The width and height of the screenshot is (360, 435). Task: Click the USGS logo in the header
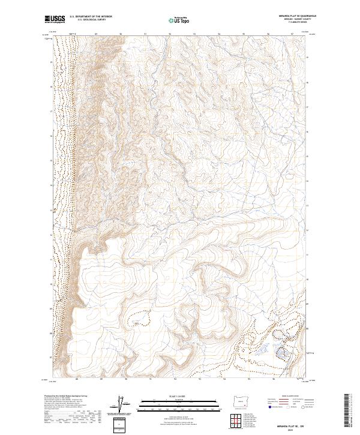click(55, 19)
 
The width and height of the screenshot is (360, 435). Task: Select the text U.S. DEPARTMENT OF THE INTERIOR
click(91, 17)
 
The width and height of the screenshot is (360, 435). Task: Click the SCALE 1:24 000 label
click(179, 397)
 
